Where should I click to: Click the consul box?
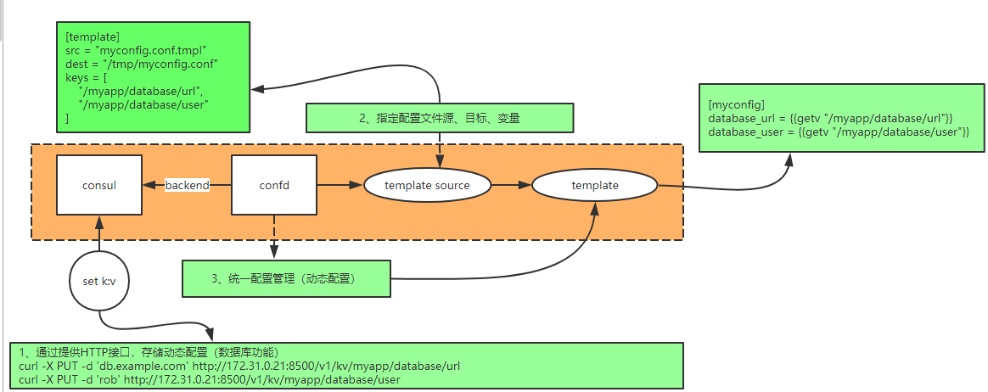99,185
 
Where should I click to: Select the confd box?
274,185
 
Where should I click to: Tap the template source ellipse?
428,185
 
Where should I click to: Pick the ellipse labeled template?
594,185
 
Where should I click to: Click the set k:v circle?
99,280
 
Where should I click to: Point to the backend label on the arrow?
187,185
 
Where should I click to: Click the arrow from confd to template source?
340,185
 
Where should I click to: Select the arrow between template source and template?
512,185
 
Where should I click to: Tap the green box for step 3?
286,278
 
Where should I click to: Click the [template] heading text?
92,36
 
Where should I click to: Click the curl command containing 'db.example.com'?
239,366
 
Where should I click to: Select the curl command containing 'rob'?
208,379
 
